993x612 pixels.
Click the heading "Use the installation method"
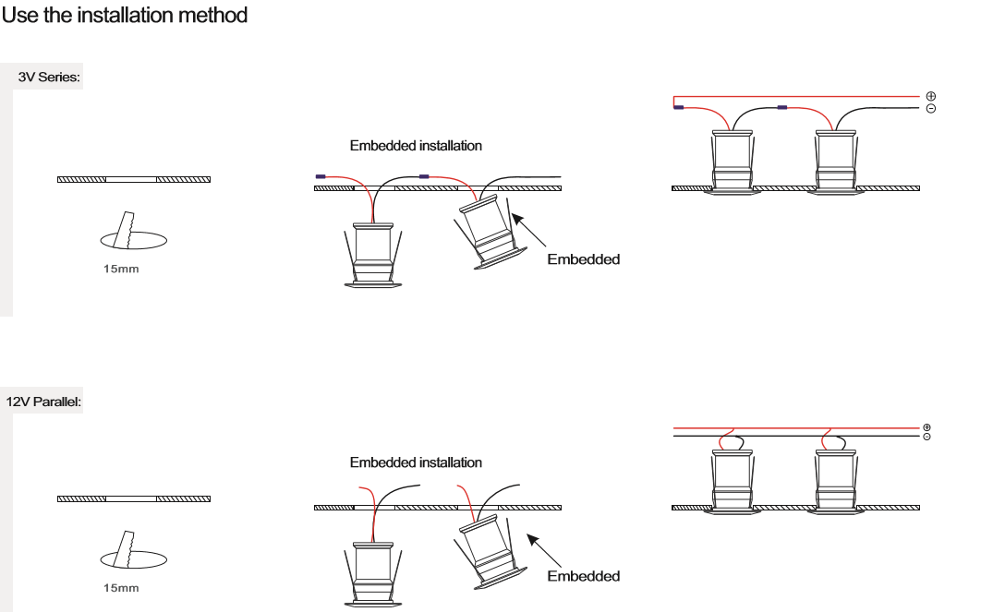[x=124, y=15]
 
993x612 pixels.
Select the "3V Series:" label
[x=49, y=77]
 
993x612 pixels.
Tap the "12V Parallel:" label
[x=43, y=402]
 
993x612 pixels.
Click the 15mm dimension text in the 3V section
[x=121, y=269]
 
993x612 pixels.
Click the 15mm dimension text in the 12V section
[x=121, y=588]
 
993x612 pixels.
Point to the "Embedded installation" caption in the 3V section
[x=416, y=146]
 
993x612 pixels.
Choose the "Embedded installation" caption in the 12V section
[x=416, y=462]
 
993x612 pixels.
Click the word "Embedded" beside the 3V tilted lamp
[x=583, y=259]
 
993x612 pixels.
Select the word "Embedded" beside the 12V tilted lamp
[x=583, y=576]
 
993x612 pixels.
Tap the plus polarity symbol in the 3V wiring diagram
[x=930, y=96]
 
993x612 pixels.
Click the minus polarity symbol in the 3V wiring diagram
[x=930, y=109]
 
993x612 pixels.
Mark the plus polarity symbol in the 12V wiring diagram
[x=926, y=427]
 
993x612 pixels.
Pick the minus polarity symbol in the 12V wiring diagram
[x=926, y=437]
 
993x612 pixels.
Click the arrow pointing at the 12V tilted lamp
[x=544, y=550]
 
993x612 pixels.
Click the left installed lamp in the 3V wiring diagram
[x=733, y=162]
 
